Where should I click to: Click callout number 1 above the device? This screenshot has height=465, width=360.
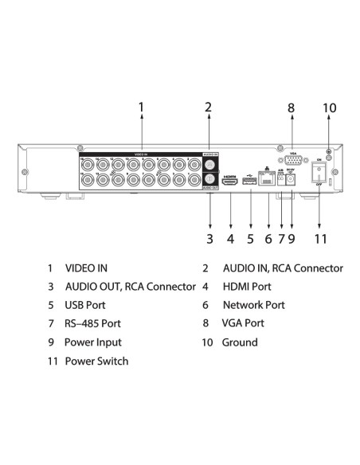141,107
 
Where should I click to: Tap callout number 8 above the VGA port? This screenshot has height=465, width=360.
292,107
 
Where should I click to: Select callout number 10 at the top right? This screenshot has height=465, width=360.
330,107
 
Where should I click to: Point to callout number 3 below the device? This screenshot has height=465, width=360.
209,237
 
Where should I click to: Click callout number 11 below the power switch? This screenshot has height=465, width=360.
320,237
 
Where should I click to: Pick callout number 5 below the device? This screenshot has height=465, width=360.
250,237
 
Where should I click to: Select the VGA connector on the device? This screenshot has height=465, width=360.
292,162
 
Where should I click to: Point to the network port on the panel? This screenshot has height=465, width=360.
268,182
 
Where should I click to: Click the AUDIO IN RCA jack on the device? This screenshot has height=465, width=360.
210,163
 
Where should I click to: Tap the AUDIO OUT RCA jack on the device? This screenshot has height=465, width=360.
210,180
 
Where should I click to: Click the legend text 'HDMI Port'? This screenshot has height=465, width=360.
247,287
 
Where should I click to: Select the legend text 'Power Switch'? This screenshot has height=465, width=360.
96,361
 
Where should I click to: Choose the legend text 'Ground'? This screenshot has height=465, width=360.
240,342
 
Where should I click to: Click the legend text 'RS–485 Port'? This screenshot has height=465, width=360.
93,324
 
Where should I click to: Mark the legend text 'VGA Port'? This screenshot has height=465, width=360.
243,324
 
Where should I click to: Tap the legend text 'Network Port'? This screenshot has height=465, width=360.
253,305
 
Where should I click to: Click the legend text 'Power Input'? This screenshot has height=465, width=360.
93,342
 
